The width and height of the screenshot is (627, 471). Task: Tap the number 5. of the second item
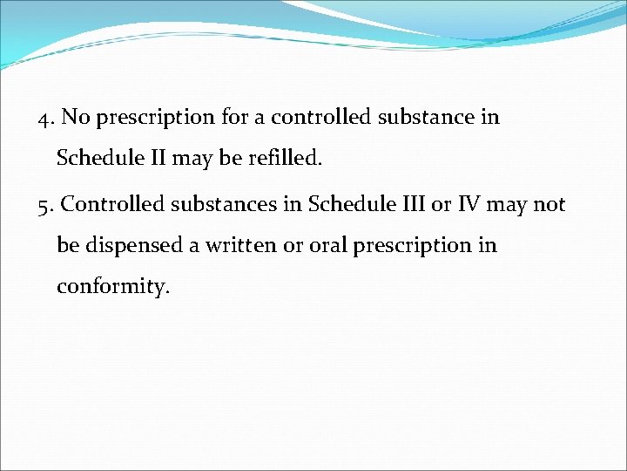pos(47,205)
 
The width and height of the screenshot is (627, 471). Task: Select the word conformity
pos(112,286)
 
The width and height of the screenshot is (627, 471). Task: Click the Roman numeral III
pos(406,205)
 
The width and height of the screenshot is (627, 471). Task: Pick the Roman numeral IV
pos(468,205)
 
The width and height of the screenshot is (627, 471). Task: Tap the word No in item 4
pos(76,117)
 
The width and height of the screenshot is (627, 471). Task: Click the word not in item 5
pos(549,205)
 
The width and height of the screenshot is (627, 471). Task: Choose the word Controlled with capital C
pos(110,205)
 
